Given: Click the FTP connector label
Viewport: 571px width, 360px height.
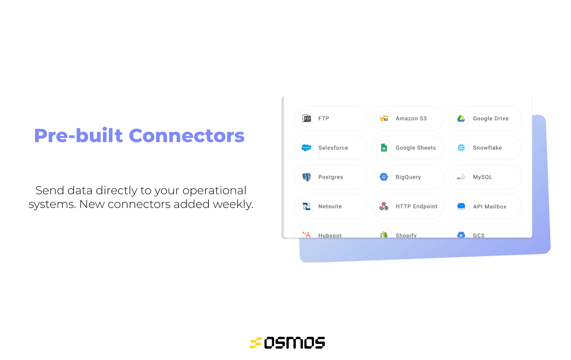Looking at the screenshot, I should [x=323, y=118].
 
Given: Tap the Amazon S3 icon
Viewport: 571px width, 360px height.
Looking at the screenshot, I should [x=384, y=118].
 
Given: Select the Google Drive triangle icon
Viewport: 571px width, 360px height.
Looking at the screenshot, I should [x=461, y=118].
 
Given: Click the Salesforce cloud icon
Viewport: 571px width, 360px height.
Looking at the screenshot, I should [x=307, y=148].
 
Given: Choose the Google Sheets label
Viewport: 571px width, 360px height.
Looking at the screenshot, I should [x=415, y=148].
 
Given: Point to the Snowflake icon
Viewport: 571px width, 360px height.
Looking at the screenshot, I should [x=461, y=148].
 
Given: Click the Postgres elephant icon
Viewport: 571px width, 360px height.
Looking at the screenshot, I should [x=307, y=177].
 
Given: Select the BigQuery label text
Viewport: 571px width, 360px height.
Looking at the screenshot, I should [x=408, y=177].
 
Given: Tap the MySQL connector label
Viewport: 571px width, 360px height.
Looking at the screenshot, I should [x=482, y=177].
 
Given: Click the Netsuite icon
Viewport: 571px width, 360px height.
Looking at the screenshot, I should [x=307, y=207].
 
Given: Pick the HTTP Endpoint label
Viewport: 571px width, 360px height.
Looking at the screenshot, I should [x=416, y=207].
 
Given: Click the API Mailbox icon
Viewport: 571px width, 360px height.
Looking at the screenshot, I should [x=461, y=207].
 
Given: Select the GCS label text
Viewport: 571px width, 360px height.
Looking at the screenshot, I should [x=478, y=235].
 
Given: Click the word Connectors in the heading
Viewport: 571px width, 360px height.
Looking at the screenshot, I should [x=187, y=135].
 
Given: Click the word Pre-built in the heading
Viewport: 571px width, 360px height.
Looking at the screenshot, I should [x=79, y=135].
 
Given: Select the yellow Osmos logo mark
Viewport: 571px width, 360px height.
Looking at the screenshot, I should [x=256, y=342].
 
